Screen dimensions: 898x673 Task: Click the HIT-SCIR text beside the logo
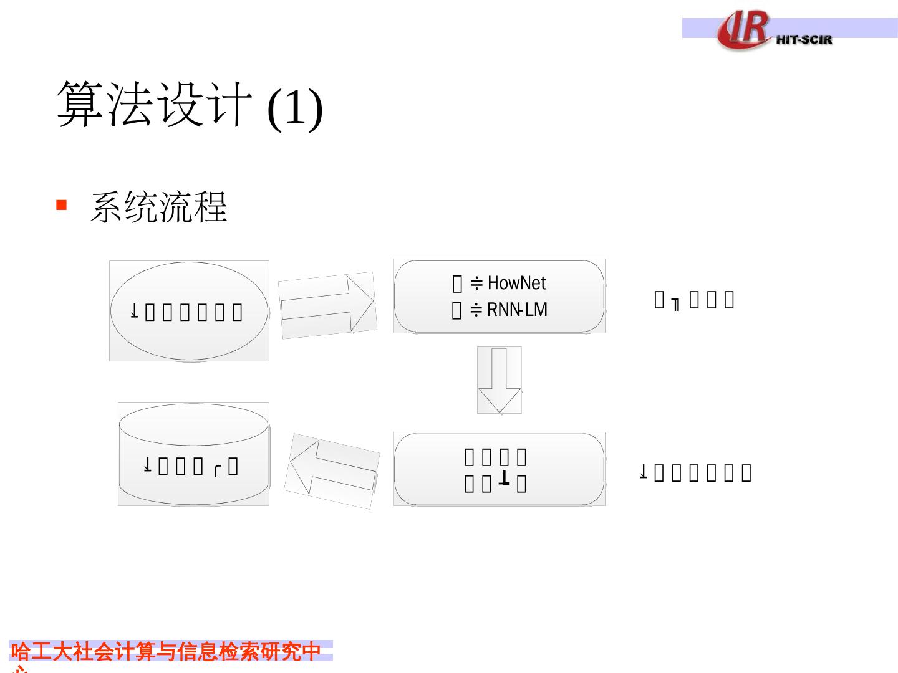[804, 39]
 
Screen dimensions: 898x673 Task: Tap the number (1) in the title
[294, 107]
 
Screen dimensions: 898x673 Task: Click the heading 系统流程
[159, 207]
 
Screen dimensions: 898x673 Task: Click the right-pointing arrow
[327, 305]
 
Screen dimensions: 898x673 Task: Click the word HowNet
[516, 283]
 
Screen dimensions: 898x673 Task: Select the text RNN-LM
[517, 310]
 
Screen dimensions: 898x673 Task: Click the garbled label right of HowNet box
[694, 300]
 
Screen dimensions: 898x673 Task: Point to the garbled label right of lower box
[695, 473]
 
